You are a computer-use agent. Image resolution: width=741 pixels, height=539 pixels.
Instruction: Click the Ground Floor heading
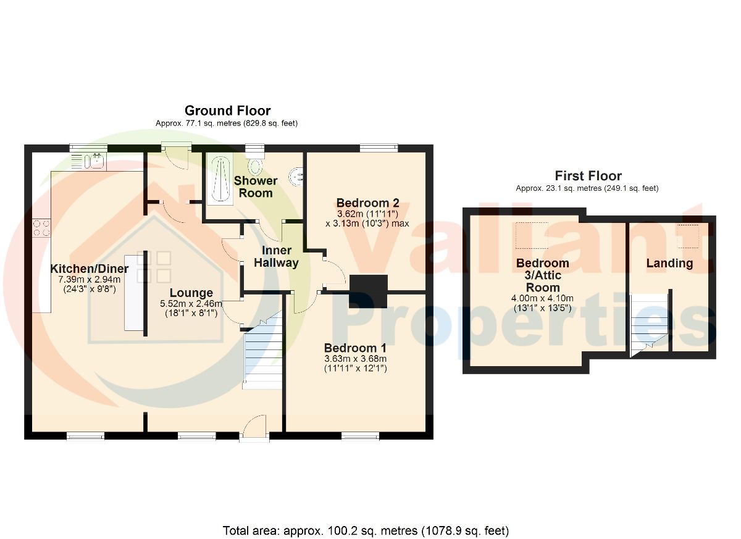coord(228,111)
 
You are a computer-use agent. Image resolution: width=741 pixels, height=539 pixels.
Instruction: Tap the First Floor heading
coord(588,175)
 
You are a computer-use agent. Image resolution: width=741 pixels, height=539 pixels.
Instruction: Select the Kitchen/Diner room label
coord(90,269)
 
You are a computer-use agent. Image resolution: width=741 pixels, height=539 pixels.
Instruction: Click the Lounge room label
coord(191,293)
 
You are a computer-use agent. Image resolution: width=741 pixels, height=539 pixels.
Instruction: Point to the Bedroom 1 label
coord(355,348)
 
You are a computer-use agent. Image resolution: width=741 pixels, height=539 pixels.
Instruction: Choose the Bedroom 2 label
coord(367,203)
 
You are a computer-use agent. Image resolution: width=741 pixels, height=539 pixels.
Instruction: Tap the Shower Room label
coord(256,187)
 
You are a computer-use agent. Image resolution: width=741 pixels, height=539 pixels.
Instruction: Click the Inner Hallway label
coord(276,257)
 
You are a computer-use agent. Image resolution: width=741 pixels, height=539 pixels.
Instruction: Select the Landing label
coord(669,263)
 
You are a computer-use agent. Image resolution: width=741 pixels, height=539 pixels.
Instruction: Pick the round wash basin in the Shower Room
coord(296,176)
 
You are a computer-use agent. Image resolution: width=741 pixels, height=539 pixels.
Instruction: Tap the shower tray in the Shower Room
coord(220,179)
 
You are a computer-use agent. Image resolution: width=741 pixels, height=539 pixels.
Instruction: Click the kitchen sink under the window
coord(94,161)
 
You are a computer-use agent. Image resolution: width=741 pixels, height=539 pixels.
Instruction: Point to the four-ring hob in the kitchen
coord(41,228)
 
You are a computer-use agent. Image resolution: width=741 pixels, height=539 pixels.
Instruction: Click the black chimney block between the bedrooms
coord(368,291)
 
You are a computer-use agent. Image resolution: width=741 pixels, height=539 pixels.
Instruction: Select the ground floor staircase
coord(262,351)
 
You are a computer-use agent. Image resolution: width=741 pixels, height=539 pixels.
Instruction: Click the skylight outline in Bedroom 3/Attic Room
coord(532,235)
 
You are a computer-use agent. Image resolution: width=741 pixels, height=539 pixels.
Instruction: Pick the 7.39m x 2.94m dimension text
coord(90,280)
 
